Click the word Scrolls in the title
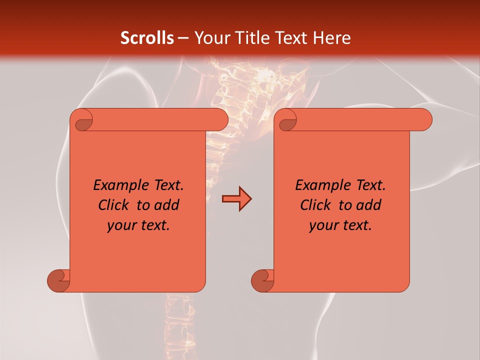click(147, 38)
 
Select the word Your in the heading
click(211, 38)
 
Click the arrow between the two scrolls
click(236, 199)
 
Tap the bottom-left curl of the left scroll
click(59, 280)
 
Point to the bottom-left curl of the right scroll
click(262, 280)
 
